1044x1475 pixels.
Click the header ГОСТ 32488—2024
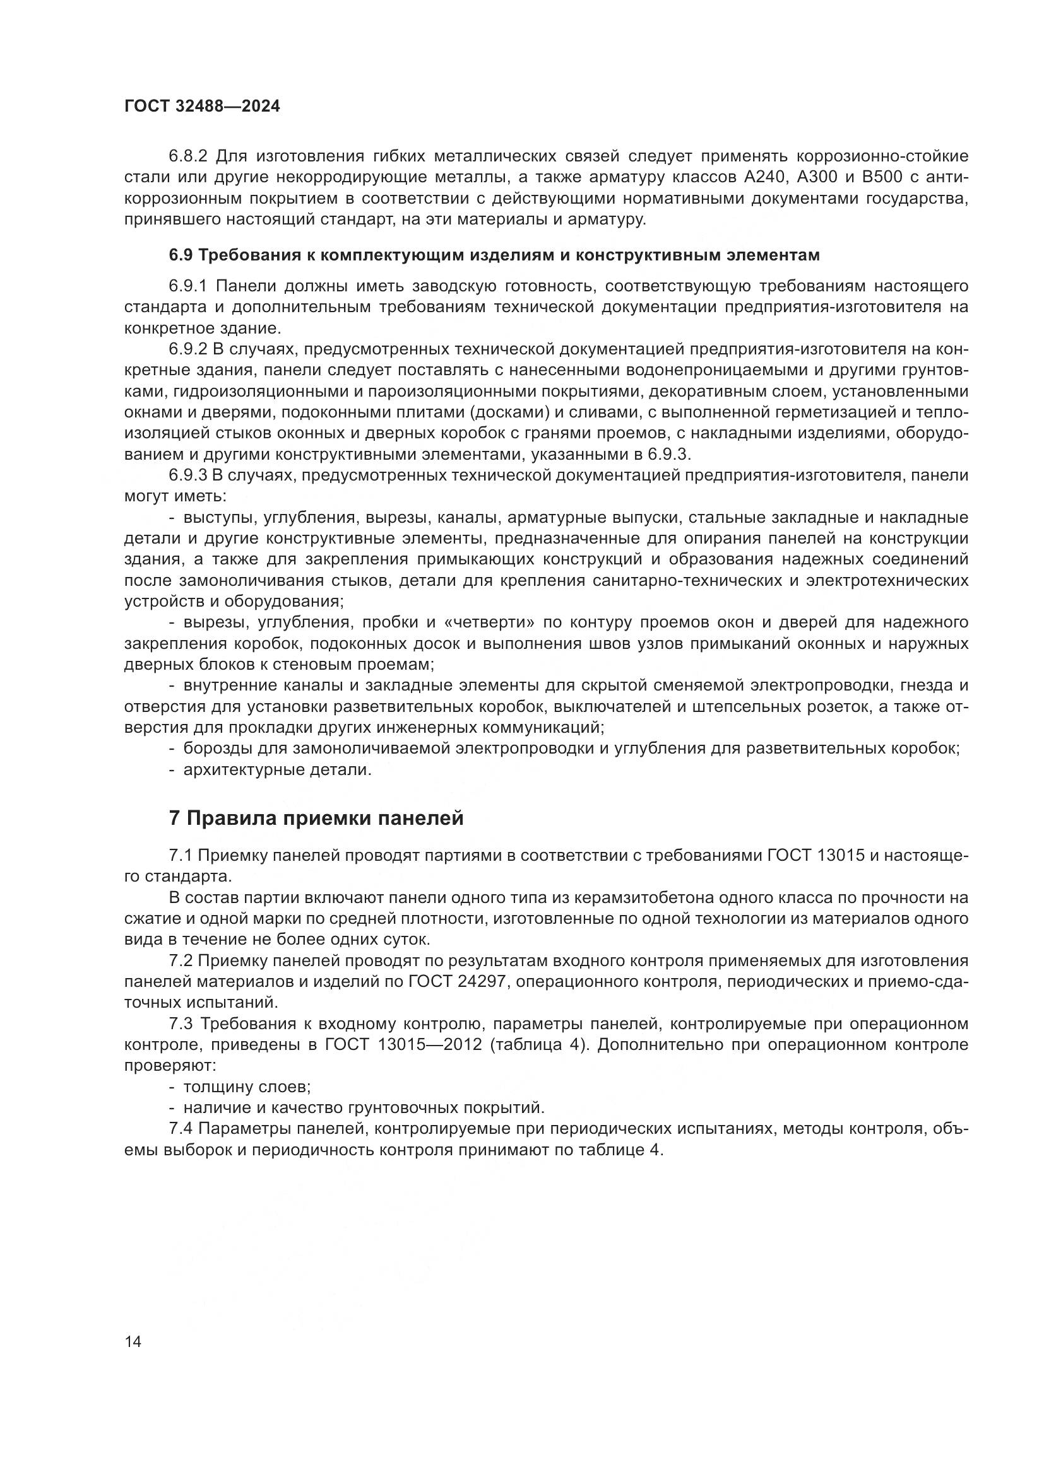(202, 107)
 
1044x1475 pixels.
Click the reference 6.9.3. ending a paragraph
(668, 455)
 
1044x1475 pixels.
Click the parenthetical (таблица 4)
(538, 1044)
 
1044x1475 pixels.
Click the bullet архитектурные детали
(277, 769)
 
